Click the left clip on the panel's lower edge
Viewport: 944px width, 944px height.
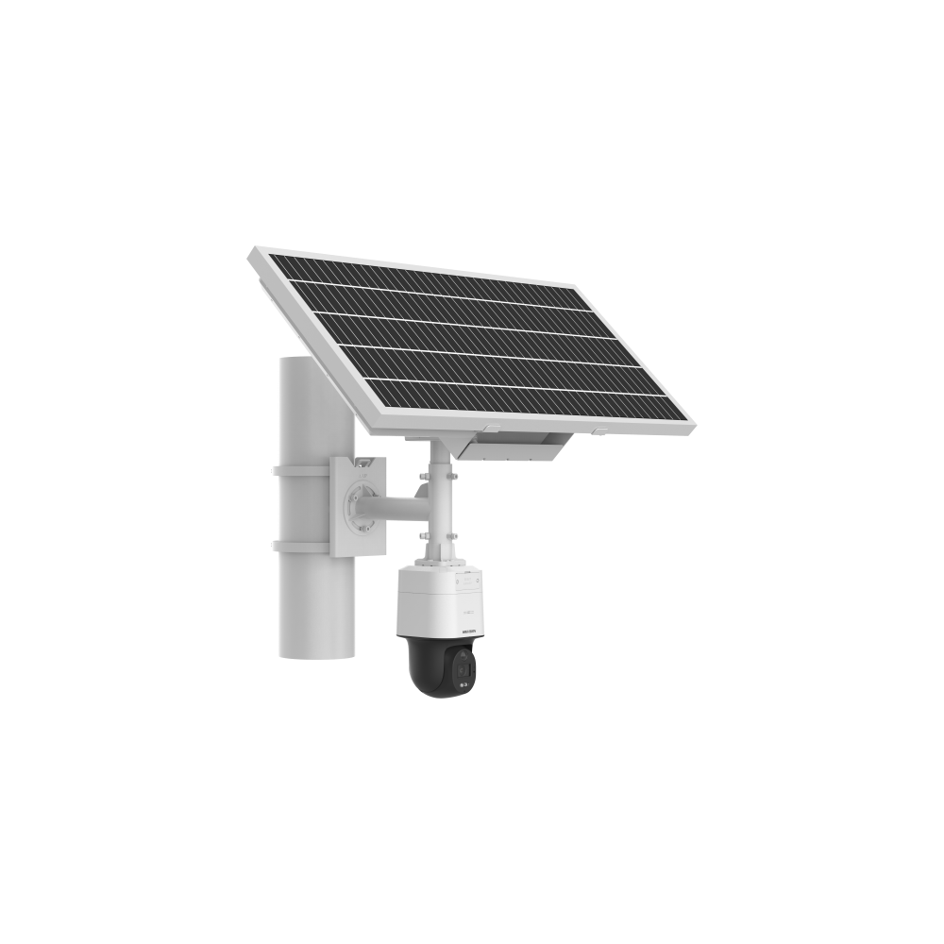point(409,429)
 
